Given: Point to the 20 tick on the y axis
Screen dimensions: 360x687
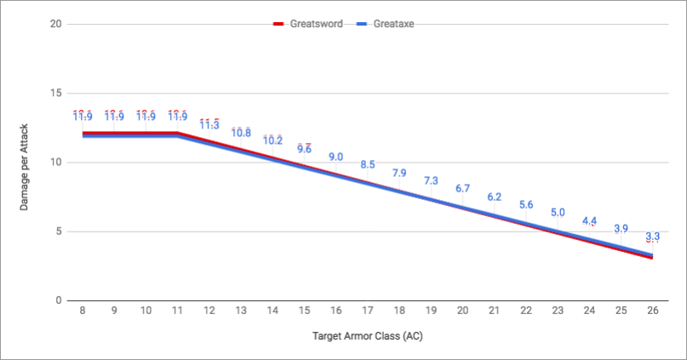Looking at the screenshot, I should coord(55,24).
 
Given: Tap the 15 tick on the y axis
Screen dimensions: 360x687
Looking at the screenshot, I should coord(55,93).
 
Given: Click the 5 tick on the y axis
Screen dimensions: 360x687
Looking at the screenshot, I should coord(58,231).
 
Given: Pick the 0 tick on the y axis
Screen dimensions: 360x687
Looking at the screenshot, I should coord(58,300).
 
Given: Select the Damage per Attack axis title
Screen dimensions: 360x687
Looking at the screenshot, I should coord(26,163).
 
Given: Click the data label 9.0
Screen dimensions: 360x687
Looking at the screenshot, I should coord(335,157).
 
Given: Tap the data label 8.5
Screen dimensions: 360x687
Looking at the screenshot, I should coord(368,165).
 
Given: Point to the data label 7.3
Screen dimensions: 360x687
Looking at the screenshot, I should coord(431,181).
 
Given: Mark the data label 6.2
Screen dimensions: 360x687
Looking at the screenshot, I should coord(494,197).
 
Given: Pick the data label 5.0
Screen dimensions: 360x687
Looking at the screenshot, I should coord(558,213).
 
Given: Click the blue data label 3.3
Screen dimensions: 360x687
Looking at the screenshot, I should coord(652,236).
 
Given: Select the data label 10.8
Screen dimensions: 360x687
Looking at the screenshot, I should coord(241,133).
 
